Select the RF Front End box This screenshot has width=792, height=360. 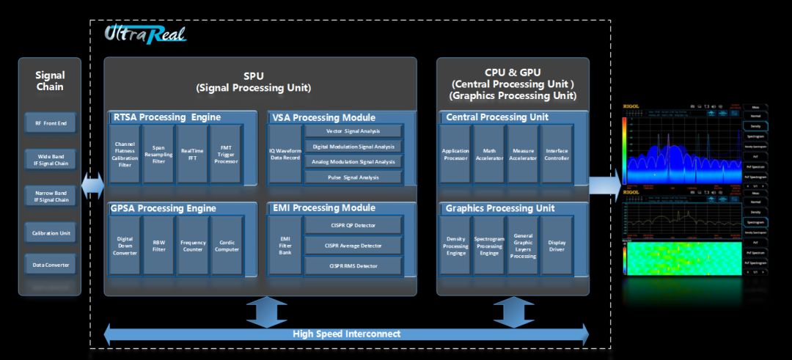(x=50, y=123)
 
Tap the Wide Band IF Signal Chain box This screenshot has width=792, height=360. (x=50, y=159)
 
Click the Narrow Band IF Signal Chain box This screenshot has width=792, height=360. (x=50, y=196)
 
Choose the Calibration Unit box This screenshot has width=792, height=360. (x=50, y=233)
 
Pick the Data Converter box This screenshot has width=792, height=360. (x=50, y=264)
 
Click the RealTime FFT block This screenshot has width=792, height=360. (x=191, y=154)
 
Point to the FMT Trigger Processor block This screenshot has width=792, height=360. (x=225, y=154)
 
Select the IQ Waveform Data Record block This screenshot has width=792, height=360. (x=285, y=154)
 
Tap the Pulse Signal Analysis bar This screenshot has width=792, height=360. (x=353, y=177)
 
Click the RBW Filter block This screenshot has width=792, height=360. (x=158, y=246)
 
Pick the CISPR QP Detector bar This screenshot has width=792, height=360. (x=353, y=224)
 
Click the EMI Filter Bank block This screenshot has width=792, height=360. (x=285, y=245)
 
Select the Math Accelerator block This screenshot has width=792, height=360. (x=488, y=154)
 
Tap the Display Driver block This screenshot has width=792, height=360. (x=556, y=246)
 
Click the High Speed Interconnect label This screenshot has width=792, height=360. (x=346, y=334)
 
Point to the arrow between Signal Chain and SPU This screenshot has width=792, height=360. (x=93, y=186)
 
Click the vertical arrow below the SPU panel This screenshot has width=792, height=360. (x=266, y=312)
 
